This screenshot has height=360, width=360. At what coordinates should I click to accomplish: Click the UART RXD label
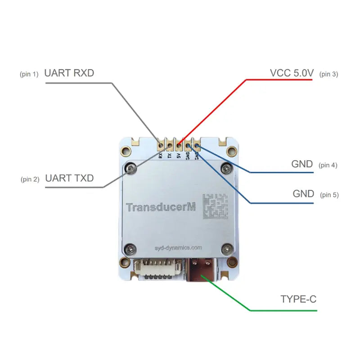(x=69, y=73)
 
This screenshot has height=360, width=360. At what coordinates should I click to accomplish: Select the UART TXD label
(x=69, y=178)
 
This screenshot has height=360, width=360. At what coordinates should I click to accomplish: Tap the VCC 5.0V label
(x=291, y=73)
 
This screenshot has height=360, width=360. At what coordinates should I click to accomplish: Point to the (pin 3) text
(x=328, y=74)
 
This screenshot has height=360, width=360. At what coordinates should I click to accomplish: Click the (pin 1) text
(x=30, y=74)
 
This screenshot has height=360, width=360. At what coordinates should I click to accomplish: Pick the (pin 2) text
(x=30, y=180)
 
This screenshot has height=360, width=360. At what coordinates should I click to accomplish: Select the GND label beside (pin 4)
(x=302, y=164)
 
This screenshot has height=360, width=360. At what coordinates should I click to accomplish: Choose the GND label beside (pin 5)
(x=303, y=194)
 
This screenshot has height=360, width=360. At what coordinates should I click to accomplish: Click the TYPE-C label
(x=298, y=299)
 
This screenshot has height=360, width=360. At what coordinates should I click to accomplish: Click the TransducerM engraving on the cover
(x=160, y=207)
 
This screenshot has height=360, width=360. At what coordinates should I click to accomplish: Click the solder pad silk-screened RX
(x=161, y=145)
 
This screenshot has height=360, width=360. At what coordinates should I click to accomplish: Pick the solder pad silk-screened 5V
(x=179, y=145)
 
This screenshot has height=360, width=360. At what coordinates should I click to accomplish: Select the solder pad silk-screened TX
(x=170, y=145)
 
